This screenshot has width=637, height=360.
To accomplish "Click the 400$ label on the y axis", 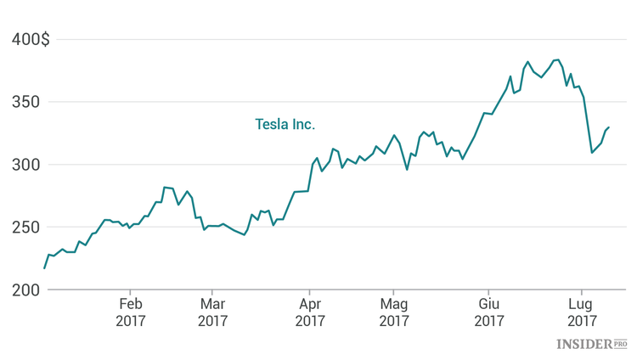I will point(31,39).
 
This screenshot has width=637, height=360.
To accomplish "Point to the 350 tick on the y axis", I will point(24,102).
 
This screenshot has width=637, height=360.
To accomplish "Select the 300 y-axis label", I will point(24,165).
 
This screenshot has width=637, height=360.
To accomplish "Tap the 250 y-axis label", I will point(24,228).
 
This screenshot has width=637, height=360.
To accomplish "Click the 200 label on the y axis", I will point(24,290).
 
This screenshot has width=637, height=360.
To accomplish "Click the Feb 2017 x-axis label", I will point(131,312).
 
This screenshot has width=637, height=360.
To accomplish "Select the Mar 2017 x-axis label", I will point(213,312).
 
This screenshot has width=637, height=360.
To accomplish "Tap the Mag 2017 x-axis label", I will point(394,312).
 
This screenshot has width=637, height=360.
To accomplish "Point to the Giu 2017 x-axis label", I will point(489,312).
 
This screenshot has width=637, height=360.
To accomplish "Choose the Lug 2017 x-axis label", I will point(581,312).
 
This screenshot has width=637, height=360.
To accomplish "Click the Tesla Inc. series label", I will point(285,124).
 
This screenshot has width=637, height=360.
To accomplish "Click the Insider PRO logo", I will point(591,344).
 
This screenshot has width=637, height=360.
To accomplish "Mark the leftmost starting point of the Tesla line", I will point(44,268).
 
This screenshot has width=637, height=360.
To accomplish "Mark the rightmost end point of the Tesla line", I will point(609,127).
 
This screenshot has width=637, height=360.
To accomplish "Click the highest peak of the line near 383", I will point(558,59).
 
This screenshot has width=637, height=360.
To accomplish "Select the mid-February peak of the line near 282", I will point(164,187).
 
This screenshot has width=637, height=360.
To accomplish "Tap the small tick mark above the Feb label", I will point(131,293).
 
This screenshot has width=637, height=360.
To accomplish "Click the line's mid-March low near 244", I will point(245,234).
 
